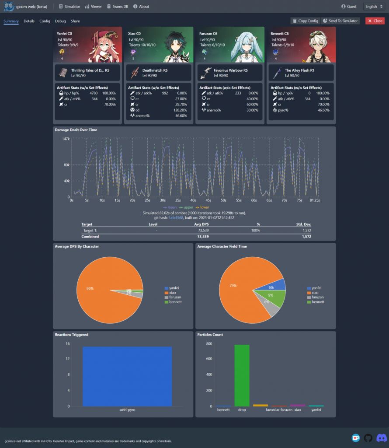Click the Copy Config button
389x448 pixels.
coord(305,21)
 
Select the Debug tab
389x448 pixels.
coord(60,21)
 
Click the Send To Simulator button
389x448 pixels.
coord(340,21)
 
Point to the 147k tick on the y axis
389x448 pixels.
coord(66,139)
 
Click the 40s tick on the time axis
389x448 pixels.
coord(193,200)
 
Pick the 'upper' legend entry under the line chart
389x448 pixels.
coord(187,207)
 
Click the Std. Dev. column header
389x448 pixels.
coord(302,224)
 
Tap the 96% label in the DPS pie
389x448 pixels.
coord(90,288)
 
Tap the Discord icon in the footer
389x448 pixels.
coord(381,438)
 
